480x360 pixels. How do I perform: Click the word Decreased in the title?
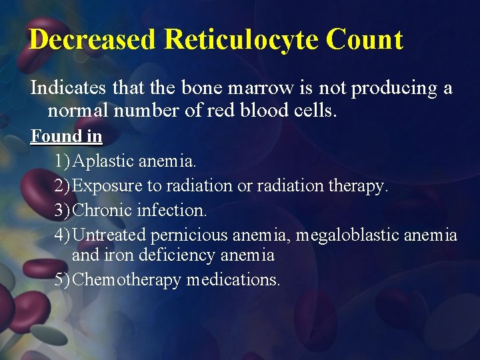point(92,40)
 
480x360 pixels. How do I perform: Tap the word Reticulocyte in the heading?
point(241,40)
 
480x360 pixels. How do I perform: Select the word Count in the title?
point(365,40)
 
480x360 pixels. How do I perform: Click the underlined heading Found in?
point(66,137)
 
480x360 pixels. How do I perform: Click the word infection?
point(172,211)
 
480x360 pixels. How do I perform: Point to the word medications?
point(233,280)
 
